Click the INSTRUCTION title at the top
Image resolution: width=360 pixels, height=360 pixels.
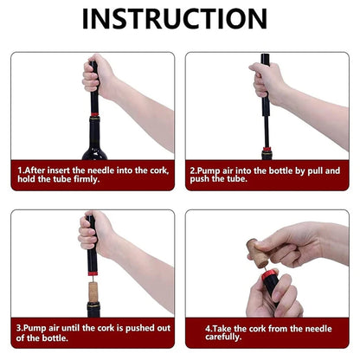coord(180,18)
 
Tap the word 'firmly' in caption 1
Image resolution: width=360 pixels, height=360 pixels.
coord(95,183)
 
